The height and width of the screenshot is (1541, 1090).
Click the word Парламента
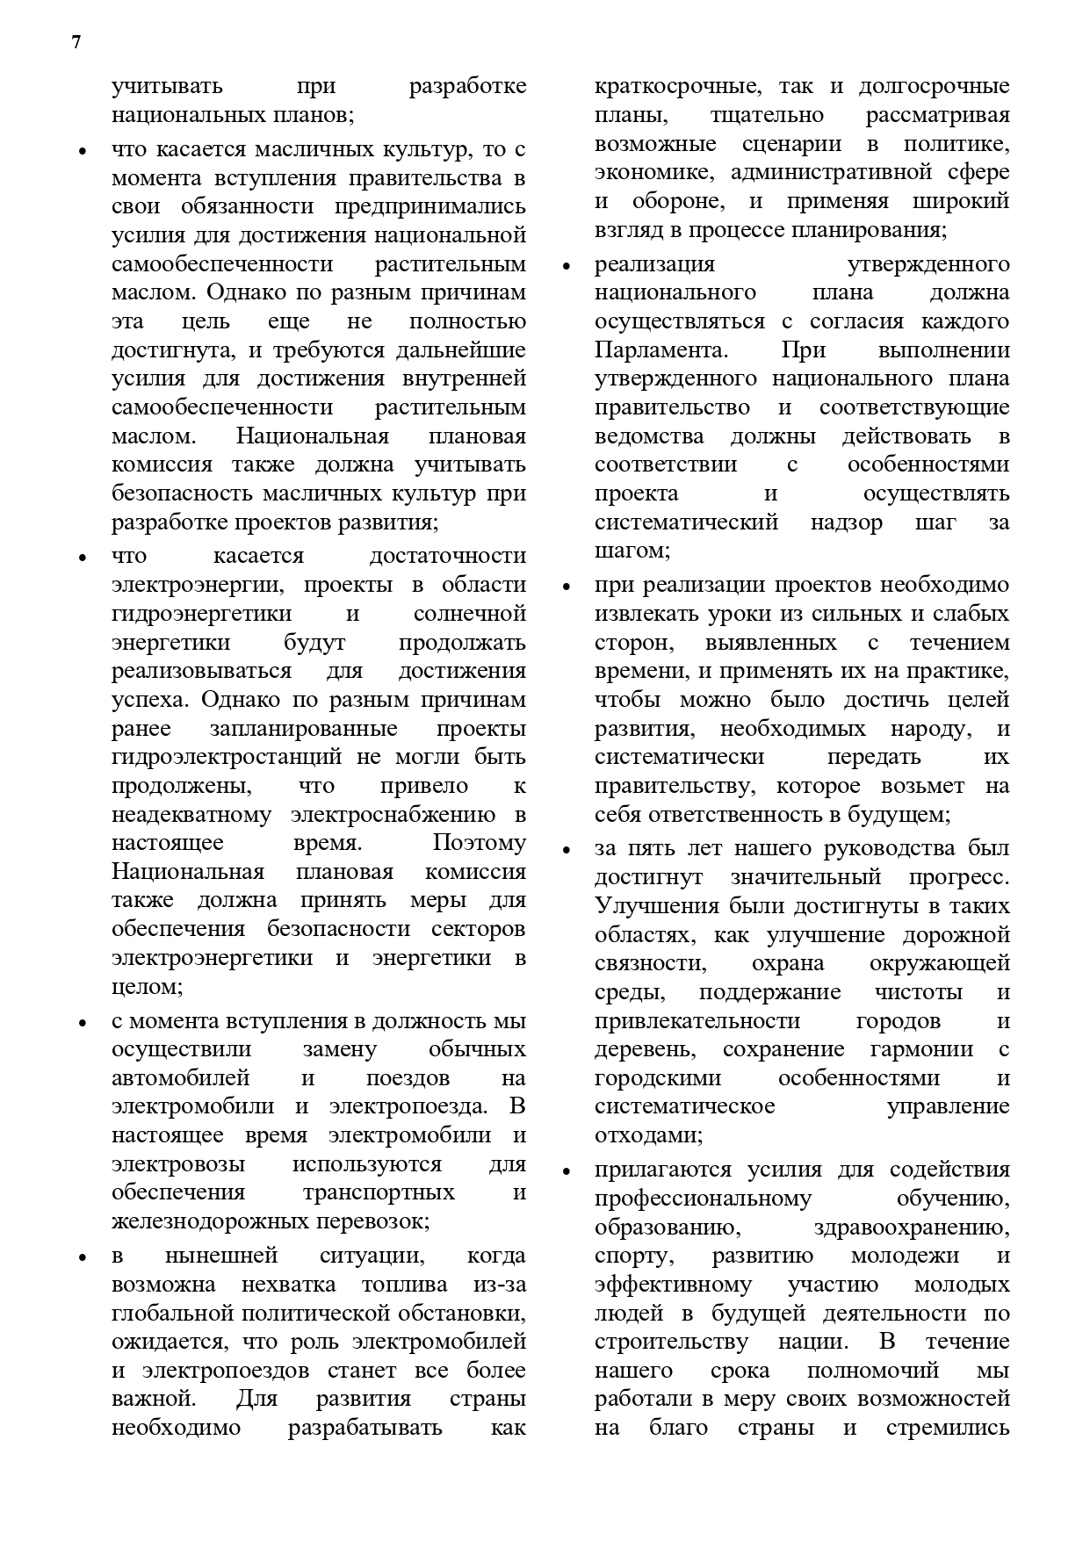[x=661, y=350]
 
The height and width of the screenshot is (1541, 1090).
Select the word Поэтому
[x=480, y=843]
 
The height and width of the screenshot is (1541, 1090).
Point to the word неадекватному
[x=191, y=815]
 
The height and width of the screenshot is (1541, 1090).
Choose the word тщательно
[x=766, y=116]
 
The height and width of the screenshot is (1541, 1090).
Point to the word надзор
[x=847, y=522]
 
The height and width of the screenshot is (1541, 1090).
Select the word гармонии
[x=921, y=1049]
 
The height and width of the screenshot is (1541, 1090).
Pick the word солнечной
[x=470, y=614]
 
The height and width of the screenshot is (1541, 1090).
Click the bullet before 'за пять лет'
[x=567, y=850]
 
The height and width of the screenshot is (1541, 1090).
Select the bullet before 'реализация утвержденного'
[x=567, y=266]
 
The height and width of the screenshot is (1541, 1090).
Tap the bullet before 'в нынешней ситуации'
[x=83, y=1257]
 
